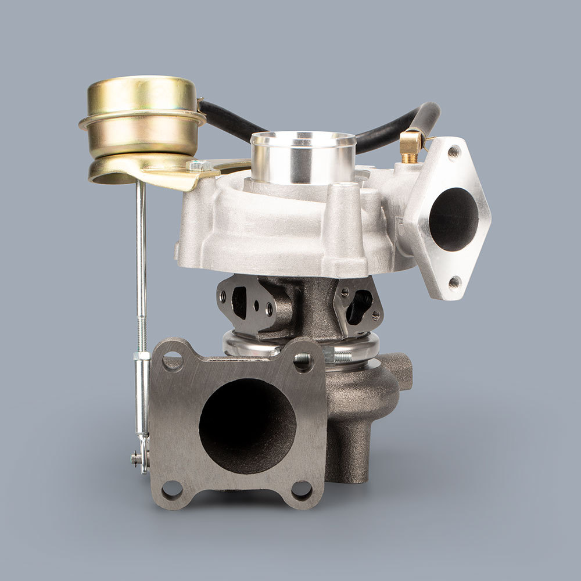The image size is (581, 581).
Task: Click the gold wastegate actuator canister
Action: pos(142,116)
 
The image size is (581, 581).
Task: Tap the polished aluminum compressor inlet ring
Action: pos(303,157)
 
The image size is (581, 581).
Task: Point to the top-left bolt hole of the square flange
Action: pos(172,361)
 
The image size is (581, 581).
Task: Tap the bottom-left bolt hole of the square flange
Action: pos(172,490)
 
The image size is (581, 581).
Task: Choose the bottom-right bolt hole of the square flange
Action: pos(301,490)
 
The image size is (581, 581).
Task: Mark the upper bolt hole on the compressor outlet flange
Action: pos(454,152)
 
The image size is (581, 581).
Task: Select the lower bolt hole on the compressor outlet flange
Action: pos(454,283)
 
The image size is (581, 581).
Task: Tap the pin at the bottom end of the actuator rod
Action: pos(137,458)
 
